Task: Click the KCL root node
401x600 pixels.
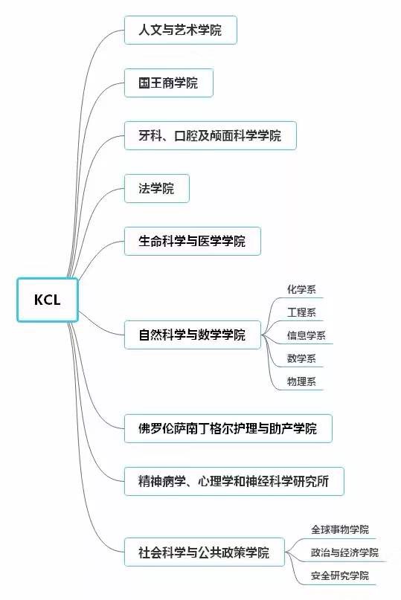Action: [x=48, y=300]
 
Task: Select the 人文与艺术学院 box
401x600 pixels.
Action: [x=180, y=30]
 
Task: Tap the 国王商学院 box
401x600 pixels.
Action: [x=169, y=83]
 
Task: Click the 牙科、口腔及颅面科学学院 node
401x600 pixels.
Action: [x=211, y=135]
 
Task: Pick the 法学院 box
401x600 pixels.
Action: [x=157, y=188]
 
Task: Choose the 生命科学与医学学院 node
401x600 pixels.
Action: [x=192, y=241]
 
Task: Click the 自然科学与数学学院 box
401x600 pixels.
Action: [x=192, y=335]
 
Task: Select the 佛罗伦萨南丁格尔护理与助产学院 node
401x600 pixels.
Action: [x=228, y=428]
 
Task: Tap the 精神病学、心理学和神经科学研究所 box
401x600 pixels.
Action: [x=234, y=481]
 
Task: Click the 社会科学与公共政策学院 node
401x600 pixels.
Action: [x=204, y=552]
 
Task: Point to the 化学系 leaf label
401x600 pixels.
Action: [x=301, y=289]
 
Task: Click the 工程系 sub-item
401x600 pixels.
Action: [x=301, y=312]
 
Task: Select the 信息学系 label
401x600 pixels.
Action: [x=306, y=335]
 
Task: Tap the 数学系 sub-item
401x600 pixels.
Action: [x=301, y=358]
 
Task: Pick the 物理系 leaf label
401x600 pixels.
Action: [x=301, y=381]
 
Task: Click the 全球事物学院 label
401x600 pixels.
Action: [x=340, y=529]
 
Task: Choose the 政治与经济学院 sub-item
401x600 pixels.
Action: [x=344, y=552]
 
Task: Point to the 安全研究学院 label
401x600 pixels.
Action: [x=340, y=575]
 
